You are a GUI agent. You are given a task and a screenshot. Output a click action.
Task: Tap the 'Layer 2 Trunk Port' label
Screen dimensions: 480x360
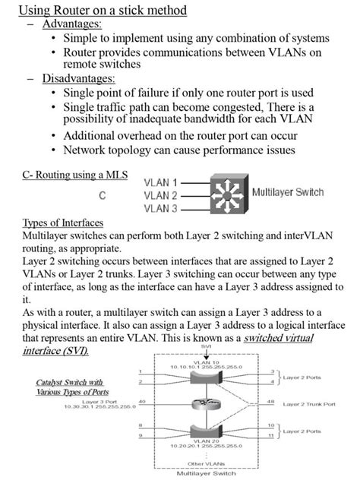309,404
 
